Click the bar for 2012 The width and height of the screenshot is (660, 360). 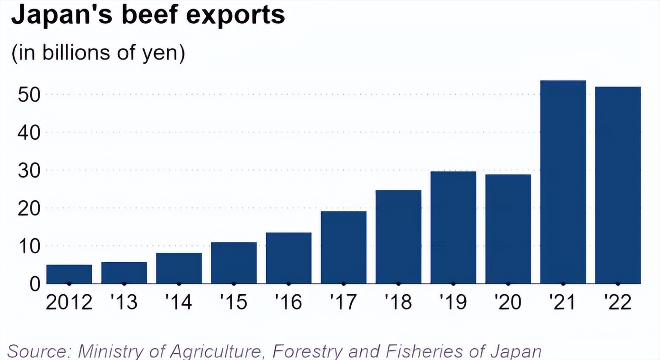click(69, 274)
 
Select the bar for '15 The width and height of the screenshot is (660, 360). click(234, 263)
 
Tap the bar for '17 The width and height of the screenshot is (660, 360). click(343, 247)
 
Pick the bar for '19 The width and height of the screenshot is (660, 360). click(453, 227)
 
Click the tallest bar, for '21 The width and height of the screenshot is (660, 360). click(563, 182)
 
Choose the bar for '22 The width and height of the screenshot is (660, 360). click(617, 185)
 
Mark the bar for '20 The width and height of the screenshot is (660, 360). click(508, 229)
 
